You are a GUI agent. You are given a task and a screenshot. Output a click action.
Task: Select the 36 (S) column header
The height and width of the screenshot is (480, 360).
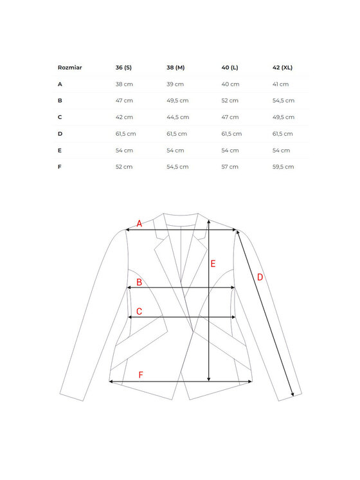tap(123, 68)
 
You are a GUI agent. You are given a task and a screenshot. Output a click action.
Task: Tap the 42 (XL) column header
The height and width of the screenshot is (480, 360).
tap(283, 68)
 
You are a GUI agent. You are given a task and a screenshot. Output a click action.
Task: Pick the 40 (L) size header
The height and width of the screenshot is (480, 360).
tap(230, 68)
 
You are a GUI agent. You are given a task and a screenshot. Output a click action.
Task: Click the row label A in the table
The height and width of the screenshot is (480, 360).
tap(60, 84)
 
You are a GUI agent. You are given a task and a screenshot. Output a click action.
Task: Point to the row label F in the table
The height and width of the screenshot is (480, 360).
tap(60, 167)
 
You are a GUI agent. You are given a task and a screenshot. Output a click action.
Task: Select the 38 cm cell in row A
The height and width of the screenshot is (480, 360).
tap(124, 84)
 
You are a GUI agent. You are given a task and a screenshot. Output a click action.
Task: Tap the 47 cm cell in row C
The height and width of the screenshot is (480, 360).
tap(230, 117)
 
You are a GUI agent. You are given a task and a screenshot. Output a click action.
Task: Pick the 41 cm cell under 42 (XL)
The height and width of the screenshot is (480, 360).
tap(281, 84)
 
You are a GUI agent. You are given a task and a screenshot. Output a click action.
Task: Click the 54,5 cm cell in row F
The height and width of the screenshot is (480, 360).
tap(177, 167)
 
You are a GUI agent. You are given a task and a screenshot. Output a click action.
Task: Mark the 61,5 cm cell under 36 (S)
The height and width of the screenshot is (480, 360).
tap(126, 134)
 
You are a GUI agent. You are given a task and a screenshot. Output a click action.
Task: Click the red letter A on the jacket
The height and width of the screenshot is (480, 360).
tap(139, 224)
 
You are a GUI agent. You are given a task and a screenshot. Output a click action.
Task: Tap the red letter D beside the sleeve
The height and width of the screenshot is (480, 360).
tap(260, 277)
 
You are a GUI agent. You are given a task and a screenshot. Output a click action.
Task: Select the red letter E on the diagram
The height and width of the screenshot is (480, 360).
tap(213, 263)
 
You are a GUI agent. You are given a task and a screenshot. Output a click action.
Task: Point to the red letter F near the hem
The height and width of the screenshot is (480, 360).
tap(141, 374)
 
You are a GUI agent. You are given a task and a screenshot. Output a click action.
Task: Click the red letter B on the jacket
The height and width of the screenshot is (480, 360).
tap(139, 282)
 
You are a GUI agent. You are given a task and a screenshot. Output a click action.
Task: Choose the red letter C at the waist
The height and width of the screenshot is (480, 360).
tap(138, 311)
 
